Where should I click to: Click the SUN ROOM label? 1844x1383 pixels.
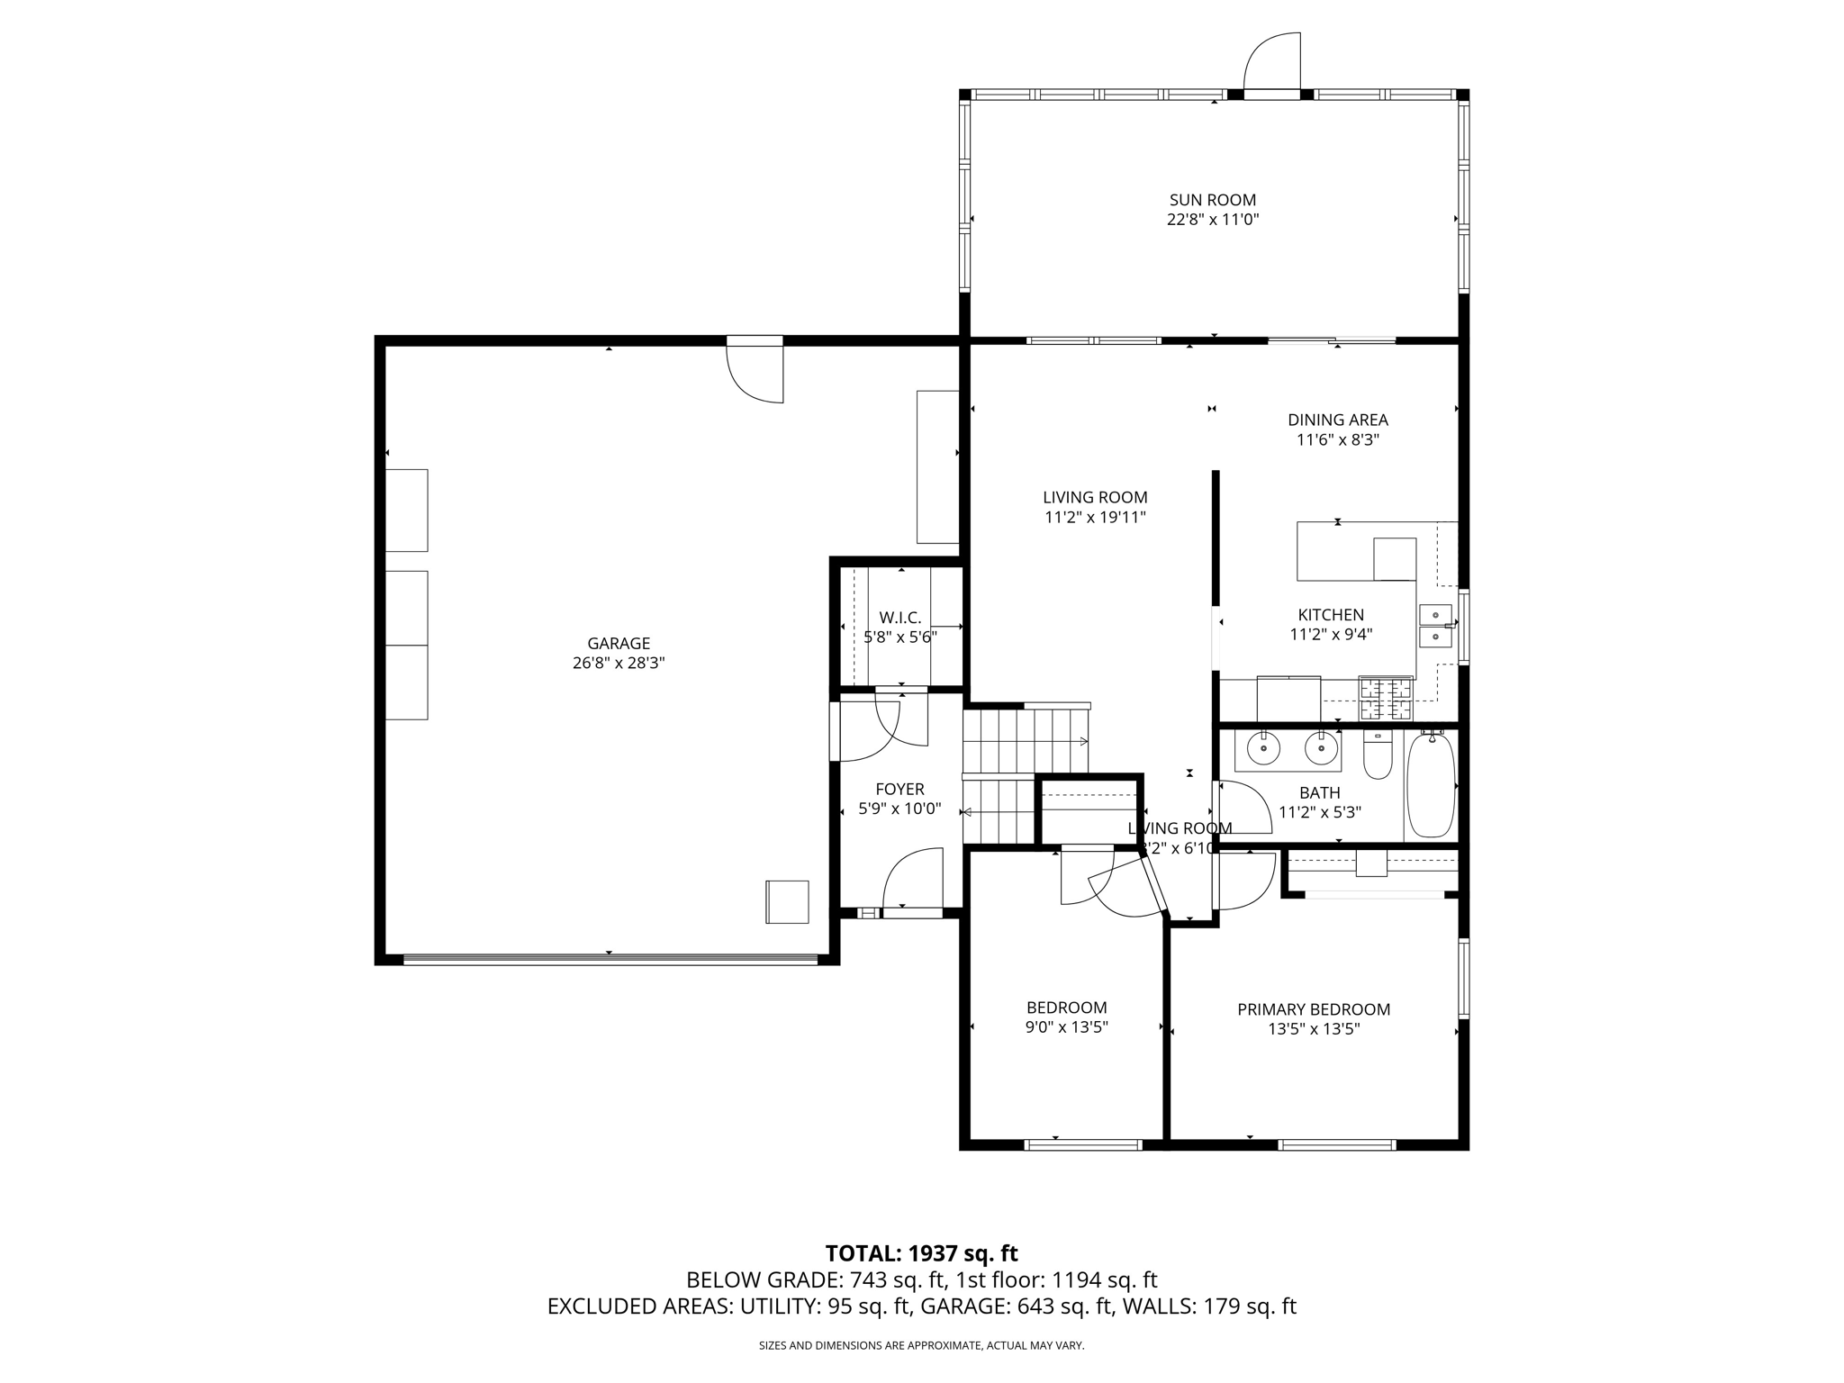pyautogui.click(x=1212, y=200)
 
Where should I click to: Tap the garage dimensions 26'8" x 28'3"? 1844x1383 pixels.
pyautogui.click(x=619, y=664)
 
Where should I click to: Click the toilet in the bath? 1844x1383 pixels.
pyautogui.click(x=1378, y=755)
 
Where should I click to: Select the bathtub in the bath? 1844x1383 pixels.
pyautogui.click(x=1431, y=785)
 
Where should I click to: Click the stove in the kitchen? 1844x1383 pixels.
pyautogui.click(x=1386, y=700)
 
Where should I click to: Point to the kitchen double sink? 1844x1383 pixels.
pyautogui.click(x=1435, y=626)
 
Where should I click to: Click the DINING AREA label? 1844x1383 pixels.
pyautogui.click(x=1337, y=420)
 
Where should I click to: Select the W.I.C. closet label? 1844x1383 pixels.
pyautogui.click(x=899, y=618)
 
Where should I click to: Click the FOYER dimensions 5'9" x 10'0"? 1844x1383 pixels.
pyautogui.click(x=899, y=809)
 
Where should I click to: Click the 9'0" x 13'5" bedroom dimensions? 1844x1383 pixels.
pyautogui.click(x=1066, y=1027)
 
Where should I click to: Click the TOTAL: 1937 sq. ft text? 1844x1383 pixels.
pyautogui.click(x=921, y=1253)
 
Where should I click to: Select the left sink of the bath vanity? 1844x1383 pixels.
pyautogui.click(x=1264, y=748)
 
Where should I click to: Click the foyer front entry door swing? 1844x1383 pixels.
pyautogui.click(x=913, y=880)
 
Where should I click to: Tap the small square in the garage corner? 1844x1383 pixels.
pyautogui.click(x=787, y=901)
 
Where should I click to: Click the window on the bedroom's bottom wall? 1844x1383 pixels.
pyautogui.click(x=1083, y=1145)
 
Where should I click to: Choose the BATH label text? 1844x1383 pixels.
pyautogui.click(x=1319, y=792)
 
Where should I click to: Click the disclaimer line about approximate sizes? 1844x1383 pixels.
pyautogui.click(x=921, y=1346)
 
